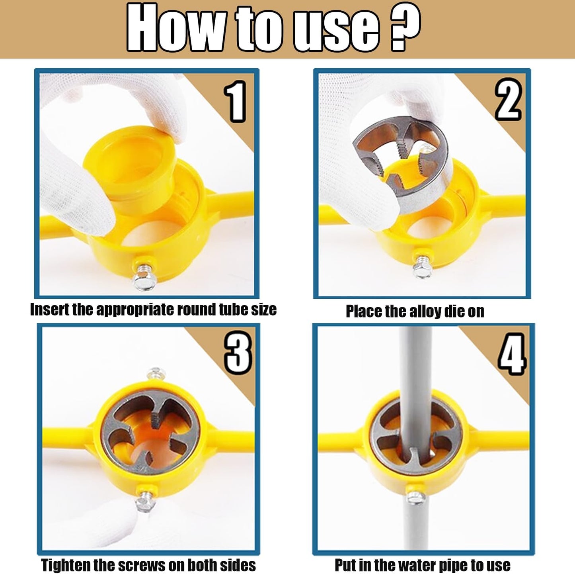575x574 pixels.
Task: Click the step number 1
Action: (235, 102)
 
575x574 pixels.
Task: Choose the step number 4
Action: (512, 354)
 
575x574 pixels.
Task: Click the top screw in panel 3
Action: (154, 373)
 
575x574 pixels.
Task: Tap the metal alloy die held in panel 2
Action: (402, 159)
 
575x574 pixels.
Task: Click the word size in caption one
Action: (263, 310)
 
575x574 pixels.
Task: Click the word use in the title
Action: (336, 29)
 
